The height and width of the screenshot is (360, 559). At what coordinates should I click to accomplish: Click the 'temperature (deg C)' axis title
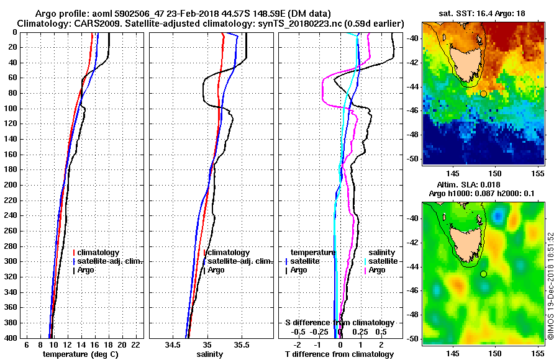[x=80, y=354]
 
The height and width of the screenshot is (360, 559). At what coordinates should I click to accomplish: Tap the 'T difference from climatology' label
[x=339, y=354]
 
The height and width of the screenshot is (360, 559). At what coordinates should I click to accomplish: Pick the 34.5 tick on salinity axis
[x=173, y=344]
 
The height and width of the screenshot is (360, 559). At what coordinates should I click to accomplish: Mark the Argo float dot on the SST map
[x=483, y=94]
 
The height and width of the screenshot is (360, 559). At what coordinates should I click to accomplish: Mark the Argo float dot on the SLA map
[x=483, y=274]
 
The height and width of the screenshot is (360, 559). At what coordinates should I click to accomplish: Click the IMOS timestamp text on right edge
[x=550, y=286]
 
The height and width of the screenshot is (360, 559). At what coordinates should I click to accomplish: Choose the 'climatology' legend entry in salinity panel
[x=229, y=253]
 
